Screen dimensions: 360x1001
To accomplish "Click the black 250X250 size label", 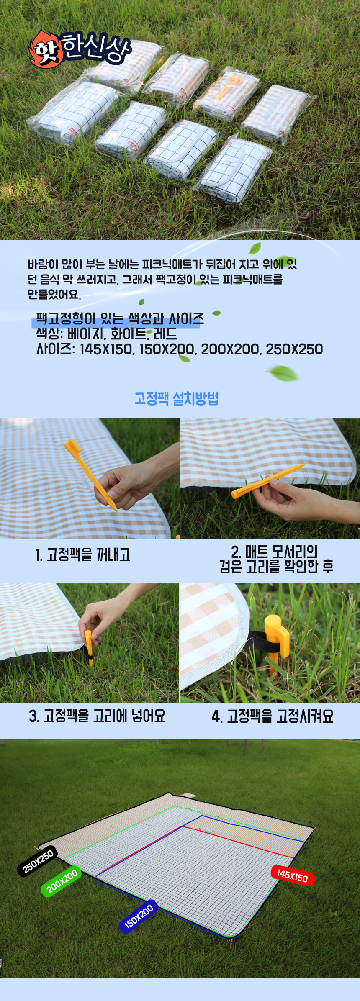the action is pos(38,862).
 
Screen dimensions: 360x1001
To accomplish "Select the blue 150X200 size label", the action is pos(139,916).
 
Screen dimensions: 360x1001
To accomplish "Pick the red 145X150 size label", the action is pos(293,875).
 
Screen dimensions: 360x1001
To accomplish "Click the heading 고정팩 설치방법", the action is pos(177,398).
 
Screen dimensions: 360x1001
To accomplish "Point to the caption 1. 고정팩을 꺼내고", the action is pos(83,555).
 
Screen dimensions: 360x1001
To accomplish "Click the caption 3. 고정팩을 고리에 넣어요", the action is pos(97,716).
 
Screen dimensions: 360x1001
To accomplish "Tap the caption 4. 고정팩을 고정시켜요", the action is pos(273,716).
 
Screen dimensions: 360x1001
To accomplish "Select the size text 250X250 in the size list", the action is pos(294,349).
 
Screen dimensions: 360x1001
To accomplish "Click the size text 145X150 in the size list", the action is pos(106,349).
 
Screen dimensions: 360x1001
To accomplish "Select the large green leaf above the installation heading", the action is pos(283,372).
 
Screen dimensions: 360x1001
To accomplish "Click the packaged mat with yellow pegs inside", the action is pos(227,93).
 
